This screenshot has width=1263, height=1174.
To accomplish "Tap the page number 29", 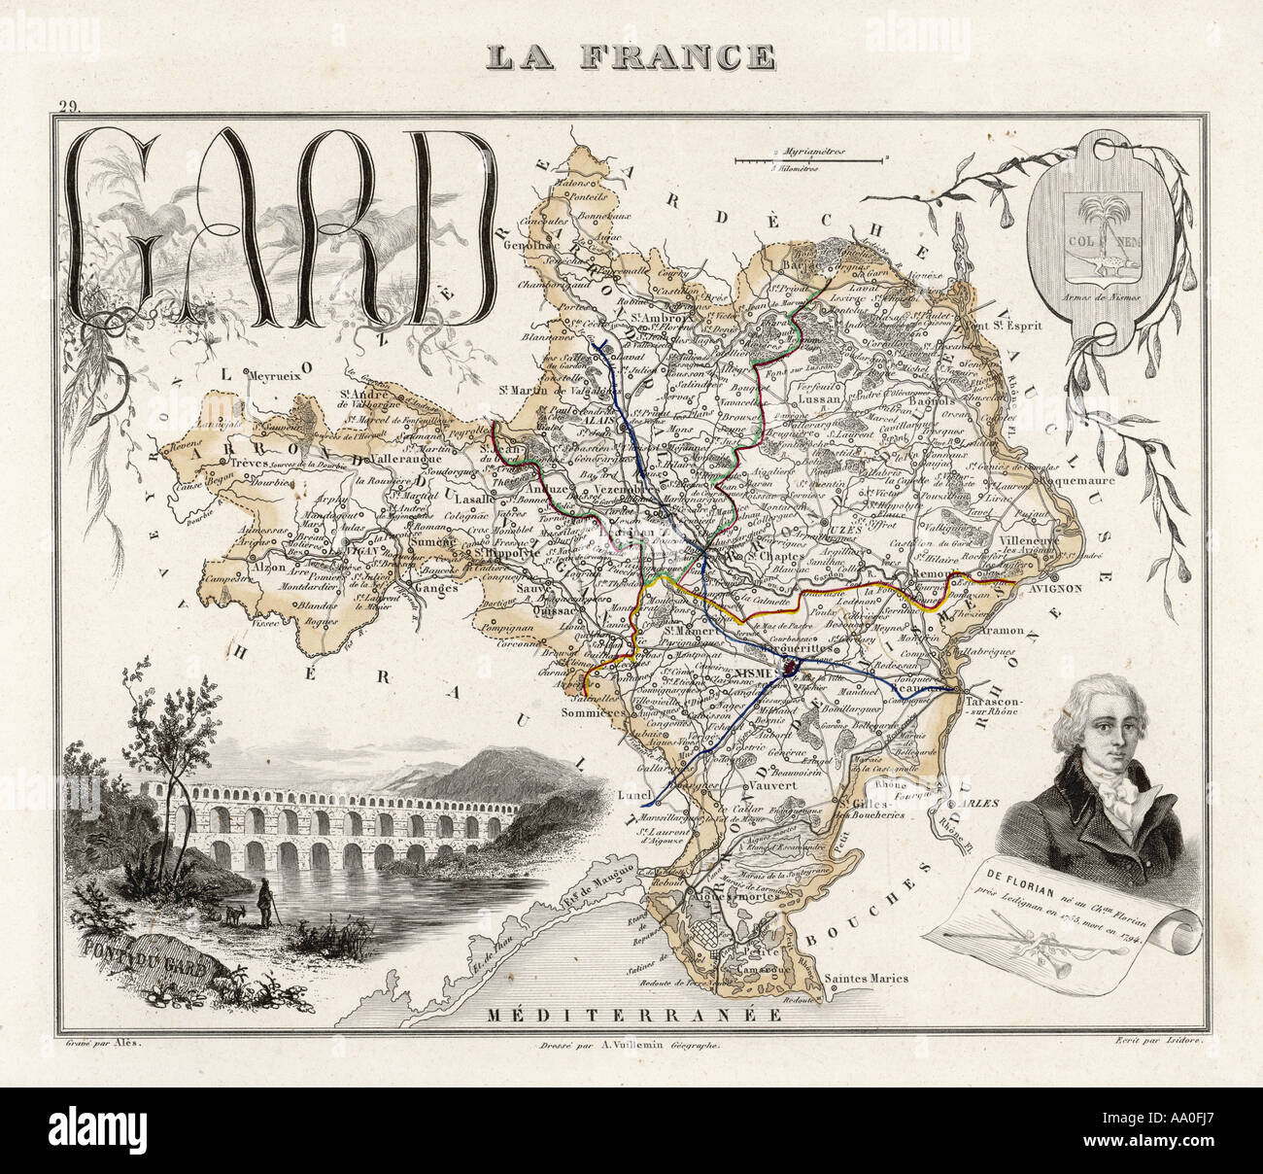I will [69, 109].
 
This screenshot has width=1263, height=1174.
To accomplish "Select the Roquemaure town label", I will [1061, 479].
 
